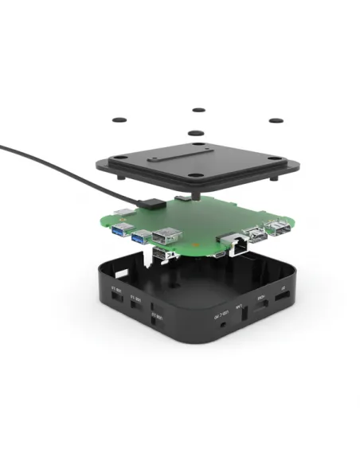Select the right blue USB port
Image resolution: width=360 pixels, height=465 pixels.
tap(141, 237)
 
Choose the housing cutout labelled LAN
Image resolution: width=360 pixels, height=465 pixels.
tap(242, 314)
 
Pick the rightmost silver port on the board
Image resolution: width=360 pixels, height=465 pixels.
tap(278, 231)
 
